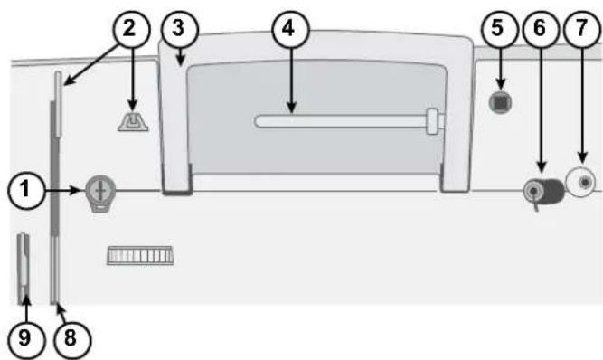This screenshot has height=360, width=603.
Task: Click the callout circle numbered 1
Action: coord(25,190)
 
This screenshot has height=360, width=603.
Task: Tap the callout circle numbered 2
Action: coord(130,29)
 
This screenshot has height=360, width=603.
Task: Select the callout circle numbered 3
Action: coord(179,29)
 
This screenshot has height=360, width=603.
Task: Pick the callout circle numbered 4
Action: coord(289,29)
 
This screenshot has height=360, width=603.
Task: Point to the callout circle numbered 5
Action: coord(497,29)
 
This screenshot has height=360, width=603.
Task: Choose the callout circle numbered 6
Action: coord(540,29)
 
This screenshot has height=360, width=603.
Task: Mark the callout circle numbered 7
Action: coord(581,29)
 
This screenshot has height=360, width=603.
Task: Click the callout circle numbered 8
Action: coord(70,339)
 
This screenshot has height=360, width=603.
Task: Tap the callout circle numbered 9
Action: coord(25,339)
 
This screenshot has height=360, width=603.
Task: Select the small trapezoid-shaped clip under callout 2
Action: coord(133,121)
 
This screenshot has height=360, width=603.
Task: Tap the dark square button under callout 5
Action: coord(500,102)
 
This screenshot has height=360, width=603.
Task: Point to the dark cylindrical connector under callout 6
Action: coord(543,191)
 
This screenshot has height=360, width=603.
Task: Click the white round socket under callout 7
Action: coord(581,183)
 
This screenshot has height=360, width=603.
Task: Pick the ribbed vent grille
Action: coord(140,255)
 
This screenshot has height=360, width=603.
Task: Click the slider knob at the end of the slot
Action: coord(433,121)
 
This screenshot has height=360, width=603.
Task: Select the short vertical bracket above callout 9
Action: coord(24,269)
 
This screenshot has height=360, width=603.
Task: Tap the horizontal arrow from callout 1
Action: coord(62,190)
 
